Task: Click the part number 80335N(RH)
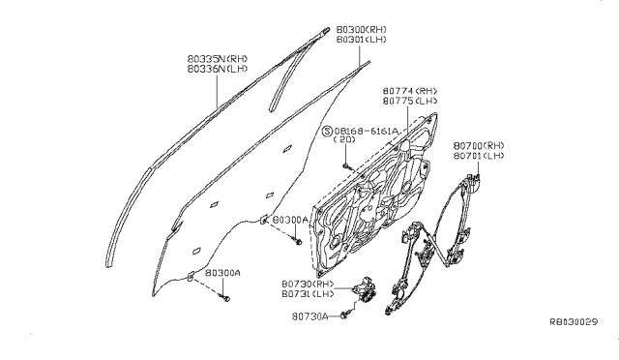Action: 220,57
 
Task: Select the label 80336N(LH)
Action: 220,68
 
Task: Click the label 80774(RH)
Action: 409,91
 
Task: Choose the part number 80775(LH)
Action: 409,101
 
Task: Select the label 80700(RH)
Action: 479,144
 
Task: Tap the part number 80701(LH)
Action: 479,155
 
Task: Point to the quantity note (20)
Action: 344,140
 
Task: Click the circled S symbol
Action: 327,130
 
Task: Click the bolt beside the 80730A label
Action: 343,315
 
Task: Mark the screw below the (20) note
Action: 345,165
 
